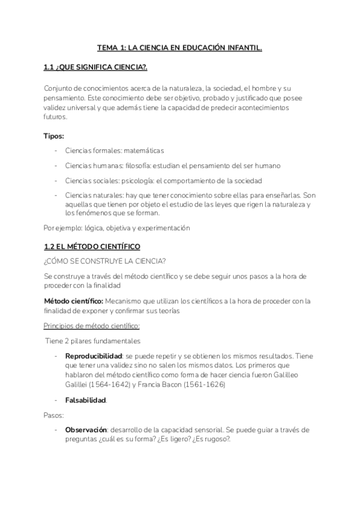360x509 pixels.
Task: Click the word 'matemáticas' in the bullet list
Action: click(x=143, y=151)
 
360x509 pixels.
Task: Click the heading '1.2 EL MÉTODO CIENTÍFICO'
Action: click(x=92, y=247)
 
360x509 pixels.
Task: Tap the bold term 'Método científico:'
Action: click(x=74, y=300)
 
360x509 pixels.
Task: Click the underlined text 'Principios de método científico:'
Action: click(x=92, y=326)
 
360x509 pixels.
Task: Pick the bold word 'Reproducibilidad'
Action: click(x=93, y=356)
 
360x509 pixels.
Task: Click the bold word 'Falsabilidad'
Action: click(x=85, y=400)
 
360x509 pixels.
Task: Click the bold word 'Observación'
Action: click(x=86, y=430)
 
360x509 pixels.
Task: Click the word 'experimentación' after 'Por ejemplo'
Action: click(x=162, y=228)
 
